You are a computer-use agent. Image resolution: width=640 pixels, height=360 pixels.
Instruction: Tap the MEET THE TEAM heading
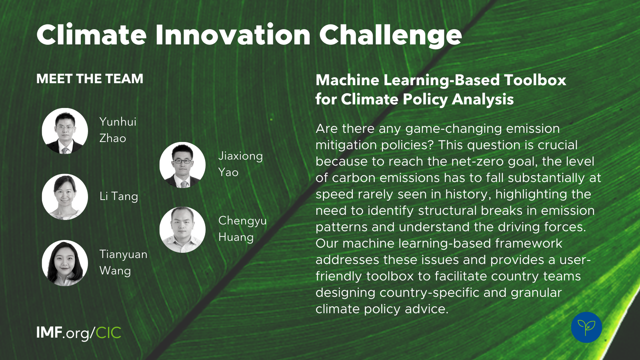click(x=90, y=79)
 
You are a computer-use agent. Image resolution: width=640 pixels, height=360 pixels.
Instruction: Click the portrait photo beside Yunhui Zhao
click(x=65, y=131)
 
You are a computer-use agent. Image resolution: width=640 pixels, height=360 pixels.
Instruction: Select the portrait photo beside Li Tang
click(x=65, y=197)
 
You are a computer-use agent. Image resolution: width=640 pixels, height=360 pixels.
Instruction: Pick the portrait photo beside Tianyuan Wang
click(x=65, y=263)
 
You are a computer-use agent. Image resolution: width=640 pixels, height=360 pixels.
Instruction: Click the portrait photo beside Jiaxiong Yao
click(x=182, y=165)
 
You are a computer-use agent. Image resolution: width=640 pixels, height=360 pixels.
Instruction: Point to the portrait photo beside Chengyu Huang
click(x=182, y=230)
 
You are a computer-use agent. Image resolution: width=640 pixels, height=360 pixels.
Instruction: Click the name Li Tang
click(x=118, y=196)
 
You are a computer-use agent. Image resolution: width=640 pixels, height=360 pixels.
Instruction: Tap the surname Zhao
click(x=112, y=138)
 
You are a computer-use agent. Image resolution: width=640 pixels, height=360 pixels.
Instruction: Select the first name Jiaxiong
click(x=240, y=156)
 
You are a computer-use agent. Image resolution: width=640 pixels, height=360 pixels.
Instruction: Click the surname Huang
click(x=236, y=238)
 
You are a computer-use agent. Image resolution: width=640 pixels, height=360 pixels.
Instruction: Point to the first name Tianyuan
click(x=124, y=254)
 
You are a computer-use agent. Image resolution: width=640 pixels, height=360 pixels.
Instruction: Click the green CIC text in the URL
click(x=108, y=332)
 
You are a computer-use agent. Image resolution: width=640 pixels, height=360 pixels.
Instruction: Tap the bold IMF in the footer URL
click(x=49, y=332)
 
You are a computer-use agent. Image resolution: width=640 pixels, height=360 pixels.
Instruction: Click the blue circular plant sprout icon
click(x=586, y=328)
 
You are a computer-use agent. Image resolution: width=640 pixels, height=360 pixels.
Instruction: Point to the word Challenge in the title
click(x=390, y=36)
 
